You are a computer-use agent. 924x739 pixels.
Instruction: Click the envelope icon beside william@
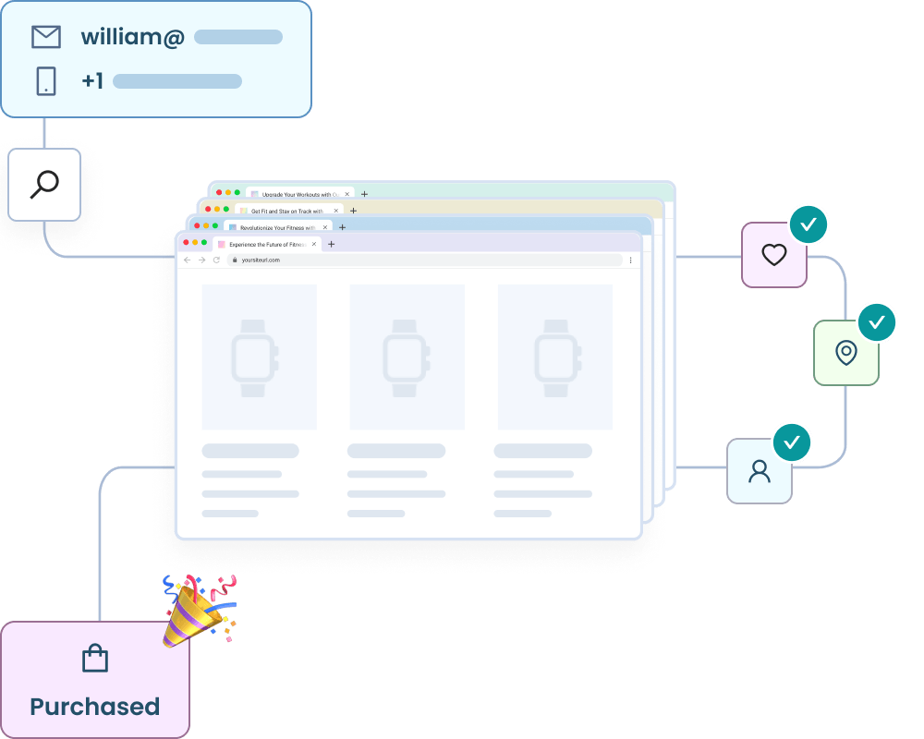(x=46, y=37)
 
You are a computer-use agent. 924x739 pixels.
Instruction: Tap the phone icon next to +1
(x=46, y=81)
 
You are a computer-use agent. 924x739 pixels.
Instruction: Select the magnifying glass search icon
(x=44, y=185)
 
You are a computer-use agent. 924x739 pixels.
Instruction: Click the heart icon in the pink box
(x=774, y=254)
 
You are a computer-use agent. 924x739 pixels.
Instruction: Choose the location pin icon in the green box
(x=845, y=352)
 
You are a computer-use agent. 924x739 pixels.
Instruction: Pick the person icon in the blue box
(x=760, y=471)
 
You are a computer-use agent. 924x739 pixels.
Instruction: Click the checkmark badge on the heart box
(x=808, y=224)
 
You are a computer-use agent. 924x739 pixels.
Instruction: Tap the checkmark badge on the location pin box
(x=877, y=322)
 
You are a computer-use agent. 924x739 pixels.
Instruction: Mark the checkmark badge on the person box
(x=792, y=442)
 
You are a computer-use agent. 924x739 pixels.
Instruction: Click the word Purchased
(x=95, y=707)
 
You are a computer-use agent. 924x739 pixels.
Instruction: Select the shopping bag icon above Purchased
(x=95, y=659)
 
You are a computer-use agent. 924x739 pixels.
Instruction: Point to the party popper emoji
(x=196, y=610)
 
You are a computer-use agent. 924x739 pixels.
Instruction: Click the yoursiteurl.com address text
(x=261, y=260)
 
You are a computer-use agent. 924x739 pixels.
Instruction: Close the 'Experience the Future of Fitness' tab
(x=315, y=244)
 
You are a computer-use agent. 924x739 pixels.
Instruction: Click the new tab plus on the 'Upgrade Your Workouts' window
(x=364, y=194)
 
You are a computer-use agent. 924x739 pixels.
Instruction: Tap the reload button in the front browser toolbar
(x=217, y=260)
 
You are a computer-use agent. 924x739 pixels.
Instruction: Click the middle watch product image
(x=407, y=357)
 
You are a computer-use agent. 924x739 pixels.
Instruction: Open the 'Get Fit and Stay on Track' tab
(x=286, y=211)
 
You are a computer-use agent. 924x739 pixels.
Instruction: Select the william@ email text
(x=132, y=37)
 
